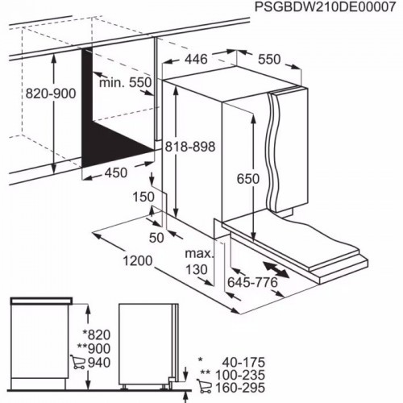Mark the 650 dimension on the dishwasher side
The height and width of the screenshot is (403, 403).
click(247, 179)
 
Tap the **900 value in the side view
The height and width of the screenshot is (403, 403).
click(94, 349)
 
